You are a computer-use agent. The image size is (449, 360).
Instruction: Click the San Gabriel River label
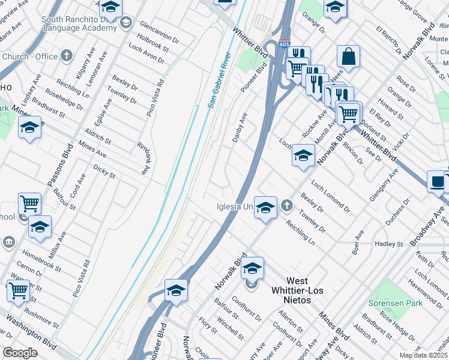coord(219,80)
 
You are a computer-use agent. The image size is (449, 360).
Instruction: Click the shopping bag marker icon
coord(348,57)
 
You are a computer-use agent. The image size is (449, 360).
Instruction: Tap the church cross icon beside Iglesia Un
coord(288,206)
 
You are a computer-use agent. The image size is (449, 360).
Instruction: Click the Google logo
coord(19,353)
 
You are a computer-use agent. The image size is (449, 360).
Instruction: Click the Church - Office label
coord(30,57)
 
